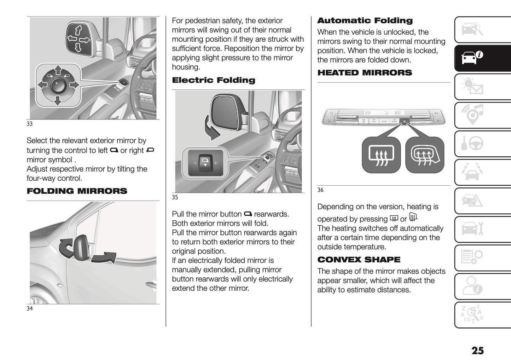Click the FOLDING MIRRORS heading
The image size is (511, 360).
[x=77, y=191]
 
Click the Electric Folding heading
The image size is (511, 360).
[x=213, y=80]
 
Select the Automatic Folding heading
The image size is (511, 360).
[x=365, y=21]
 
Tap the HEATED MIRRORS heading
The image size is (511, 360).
[x=365, y=72]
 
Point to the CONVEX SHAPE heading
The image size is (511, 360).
[x=359, y=260]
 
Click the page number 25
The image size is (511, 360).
[x=477, y=350]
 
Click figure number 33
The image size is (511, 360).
[x=30, y=124]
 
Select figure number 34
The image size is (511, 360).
[x=30, y=308]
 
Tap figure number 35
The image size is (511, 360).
[x=175, y=197]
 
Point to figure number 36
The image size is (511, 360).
[x=320, y=190]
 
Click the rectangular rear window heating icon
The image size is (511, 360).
[x=381, y=155]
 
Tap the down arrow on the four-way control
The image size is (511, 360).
[x=57, y=101]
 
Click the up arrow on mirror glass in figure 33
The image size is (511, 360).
[x=79, y=29]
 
